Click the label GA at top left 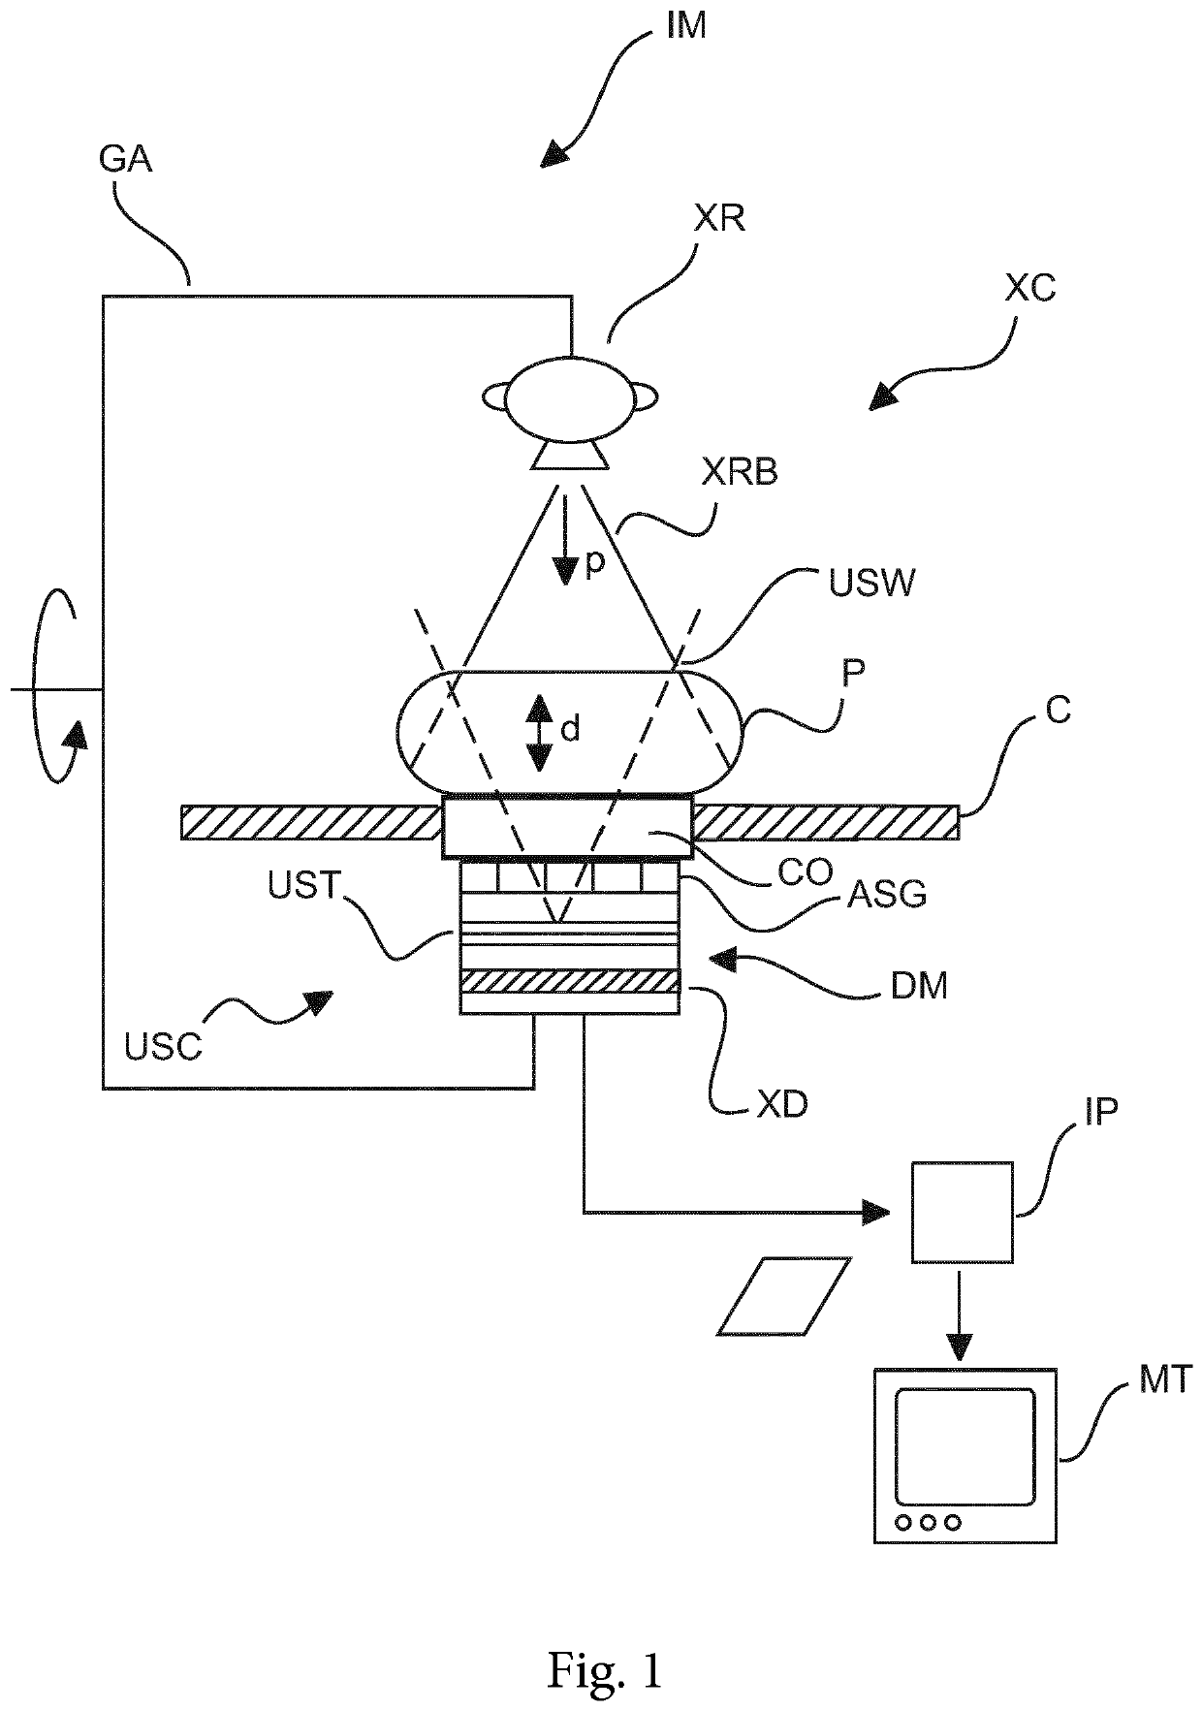[x=126, y=158]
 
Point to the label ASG [x=887, y=895]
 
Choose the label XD [x=782, y=1104]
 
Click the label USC [x=164, y=1046]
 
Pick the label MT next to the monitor [x=1163, y=1378]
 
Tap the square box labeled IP [x=962, y=1212]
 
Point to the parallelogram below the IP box [x=784, y=1296]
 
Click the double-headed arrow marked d [x=537, y=733]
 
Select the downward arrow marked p [x=565, y=540]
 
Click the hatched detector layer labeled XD [x=569, y=981]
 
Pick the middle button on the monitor [x=928, y=1523]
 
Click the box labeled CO [x=567, y=827]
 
